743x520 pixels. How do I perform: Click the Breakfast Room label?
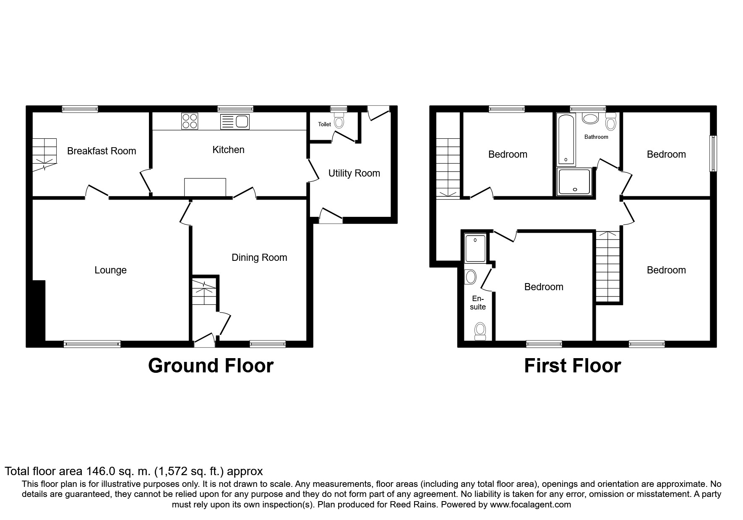coord(102,151)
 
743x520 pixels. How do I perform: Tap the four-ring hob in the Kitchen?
coord(190,121)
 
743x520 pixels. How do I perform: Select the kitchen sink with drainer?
coord(235,122)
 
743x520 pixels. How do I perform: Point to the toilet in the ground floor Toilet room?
coord(339,121)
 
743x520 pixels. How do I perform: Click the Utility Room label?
coord(354,173)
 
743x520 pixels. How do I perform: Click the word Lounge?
coord(110,270)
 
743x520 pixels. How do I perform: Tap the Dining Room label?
coord(259,257)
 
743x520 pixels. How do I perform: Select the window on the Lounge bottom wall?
coord(92,344)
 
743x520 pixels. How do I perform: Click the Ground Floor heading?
coord(211,366)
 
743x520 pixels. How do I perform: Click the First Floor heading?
coord(572,366)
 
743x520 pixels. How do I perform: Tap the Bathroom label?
coord(596,137)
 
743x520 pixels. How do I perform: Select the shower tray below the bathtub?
coord(574,182)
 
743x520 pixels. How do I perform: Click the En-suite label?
coord(477,303)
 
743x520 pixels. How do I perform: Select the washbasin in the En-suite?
coord(471,277)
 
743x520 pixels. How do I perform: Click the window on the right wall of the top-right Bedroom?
coord(713,153)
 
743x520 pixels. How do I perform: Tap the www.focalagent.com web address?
coord(530,504)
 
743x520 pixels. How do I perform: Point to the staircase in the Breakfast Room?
coord(44,154)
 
